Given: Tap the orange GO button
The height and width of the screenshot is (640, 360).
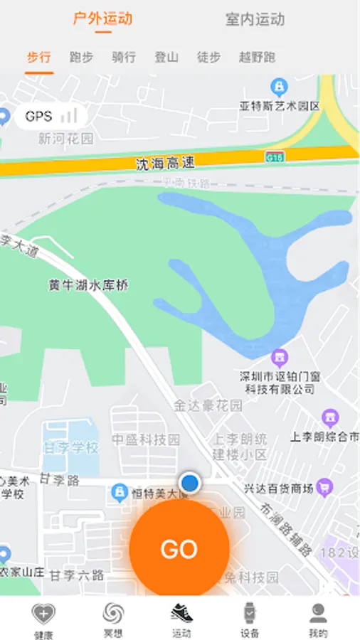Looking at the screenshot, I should (x=179, y=548).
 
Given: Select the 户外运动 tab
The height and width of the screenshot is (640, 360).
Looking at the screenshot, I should (x=103, y=19).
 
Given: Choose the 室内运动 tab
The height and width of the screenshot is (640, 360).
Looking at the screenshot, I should (x=255, y=19).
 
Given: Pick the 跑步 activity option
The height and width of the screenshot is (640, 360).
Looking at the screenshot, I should (x=81, y=58).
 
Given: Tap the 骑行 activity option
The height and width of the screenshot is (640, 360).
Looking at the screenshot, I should (x=124, y=58).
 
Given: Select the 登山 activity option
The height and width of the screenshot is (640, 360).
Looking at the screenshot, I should (x=166, y=58).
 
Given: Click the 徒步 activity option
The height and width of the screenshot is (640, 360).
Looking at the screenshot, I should (x=208, y=58).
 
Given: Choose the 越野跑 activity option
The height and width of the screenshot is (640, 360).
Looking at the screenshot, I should (x=257, y=58).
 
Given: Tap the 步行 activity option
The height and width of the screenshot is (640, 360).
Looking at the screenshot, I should (x=39, y=58).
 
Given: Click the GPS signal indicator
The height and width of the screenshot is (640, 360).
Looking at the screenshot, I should (x=51, y=116).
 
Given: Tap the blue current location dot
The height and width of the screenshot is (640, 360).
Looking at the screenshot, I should (x=189, y=483).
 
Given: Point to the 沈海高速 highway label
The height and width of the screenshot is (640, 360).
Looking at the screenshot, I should (x=165, y=164).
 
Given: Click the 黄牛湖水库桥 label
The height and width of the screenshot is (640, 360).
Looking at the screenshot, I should (x=88, y=285).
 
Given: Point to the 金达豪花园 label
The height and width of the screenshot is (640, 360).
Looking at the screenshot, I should (x=208, y=406).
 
